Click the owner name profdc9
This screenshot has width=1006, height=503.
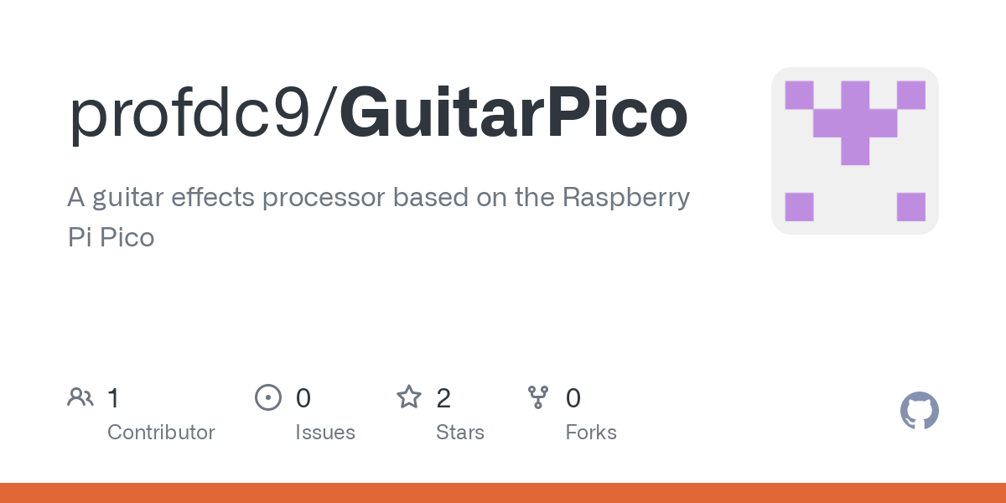click(x=190, y=114)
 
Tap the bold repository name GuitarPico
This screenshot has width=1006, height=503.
click(x=514, y=111)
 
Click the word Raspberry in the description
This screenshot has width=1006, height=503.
click(x=626, y=198)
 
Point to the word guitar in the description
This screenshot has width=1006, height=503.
click(x=128, y=198)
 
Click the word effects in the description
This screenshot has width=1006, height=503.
click(x=213, y=197)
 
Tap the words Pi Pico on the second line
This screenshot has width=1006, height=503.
click(x=111, y=237)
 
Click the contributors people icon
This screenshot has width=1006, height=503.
click(x=80, y=397)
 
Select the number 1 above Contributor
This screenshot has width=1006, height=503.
click(x=113, y=398)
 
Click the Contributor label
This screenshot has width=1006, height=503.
click(x=161, y=433)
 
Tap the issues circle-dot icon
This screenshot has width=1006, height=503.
click(x=268, y=397)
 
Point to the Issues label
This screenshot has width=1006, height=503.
click(x=325, y=433)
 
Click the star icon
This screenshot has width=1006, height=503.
click(x=409, y=397)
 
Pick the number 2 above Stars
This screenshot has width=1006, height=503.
click(x=443, y=398)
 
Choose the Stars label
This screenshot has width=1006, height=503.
click(x=460, y=433)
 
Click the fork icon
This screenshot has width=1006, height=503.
click(x=538, y=397)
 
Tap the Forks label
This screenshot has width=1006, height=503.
click(x=590, y=433)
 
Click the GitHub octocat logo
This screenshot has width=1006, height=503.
click(x=920, y=411)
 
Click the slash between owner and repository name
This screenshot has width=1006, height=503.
click(x=324, y=112)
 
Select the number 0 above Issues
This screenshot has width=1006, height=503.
click(x=303, y=398)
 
